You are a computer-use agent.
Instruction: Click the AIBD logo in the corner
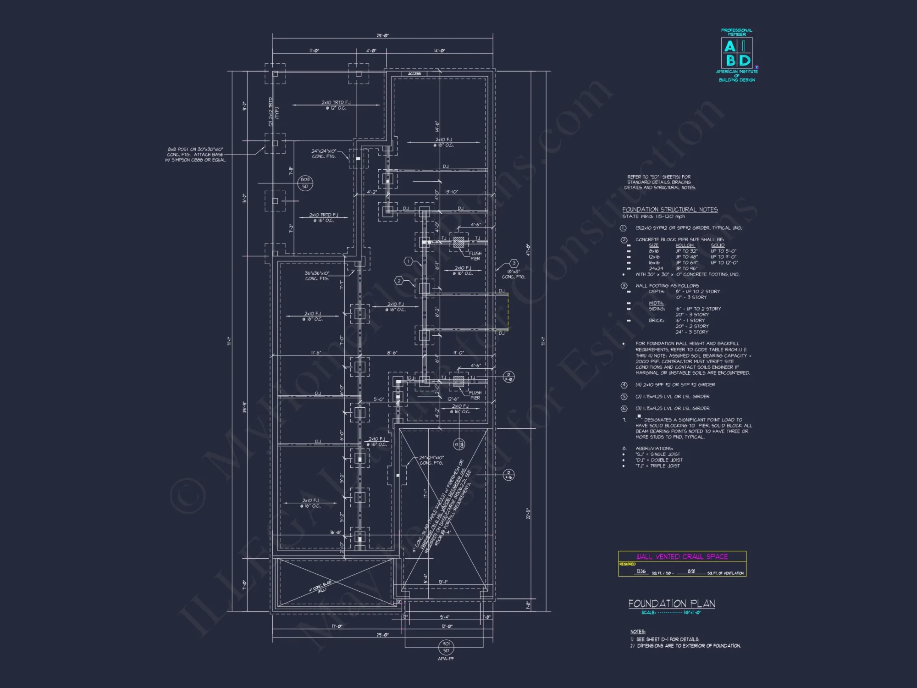click(737, 54)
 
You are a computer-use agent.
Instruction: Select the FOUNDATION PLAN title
click(671, 604)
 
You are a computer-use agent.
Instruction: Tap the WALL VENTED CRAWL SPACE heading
click(682, 556)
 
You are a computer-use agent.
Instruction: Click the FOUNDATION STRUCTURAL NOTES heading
click(669, 210)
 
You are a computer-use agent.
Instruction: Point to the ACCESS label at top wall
click(414, 74)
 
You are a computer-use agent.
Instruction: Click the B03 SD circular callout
click(305, 183)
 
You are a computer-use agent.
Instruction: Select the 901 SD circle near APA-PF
click(446, 647)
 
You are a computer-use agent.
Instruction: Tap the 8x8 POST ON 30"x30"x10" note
click(196, 155)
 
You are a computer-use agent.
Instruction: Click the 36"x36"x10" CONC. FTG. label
click(317, 276)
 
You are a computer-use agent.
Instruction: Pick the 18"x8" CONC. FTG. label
click(513, 274)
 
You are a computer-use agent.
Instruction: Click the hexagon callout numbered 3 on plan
click(514, 263)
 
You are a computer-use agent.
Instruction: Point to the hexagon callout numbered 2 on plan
click(399, 281)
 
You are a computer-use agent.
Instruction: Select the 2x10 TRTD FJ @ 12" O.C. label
click(336, 105)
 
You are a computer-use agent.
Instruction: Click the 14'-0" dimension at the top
click(439, 51)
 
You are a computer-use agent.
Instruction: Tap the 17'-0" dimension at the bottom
click(337, 626)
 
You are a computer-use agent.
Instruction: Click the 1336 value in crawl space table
click(641, 571)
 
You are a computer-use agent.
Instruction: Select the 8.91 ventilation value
click(691, 571)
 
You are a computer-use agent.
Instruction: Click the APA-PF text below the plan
click(446, 659)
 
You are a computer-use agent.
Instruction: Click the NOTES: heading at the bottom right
click(637, 632)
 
